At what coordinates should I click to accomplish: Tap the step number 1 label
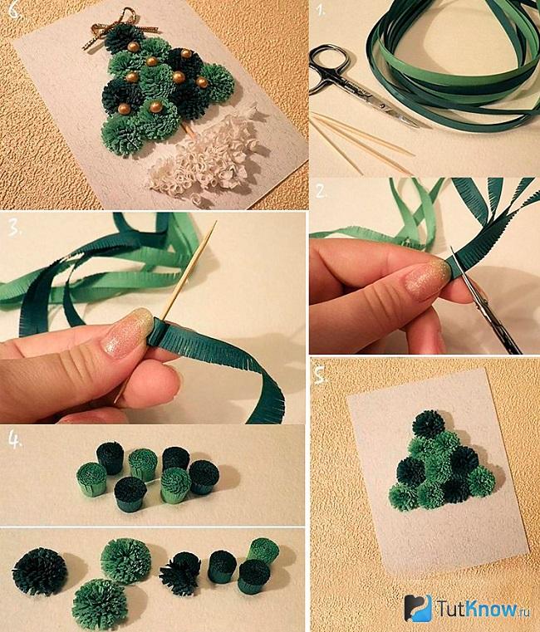click(x=321, y=11)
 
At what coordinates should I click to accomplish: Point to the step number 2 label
click(x=321, y=192)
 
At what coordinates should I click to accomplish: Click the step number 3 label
click(x=16, y=228)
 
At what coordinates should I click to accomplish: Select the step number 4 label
click(x=15, y=441)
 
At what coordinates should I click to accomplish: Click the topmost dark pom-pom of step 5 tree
click(x=429, y=424)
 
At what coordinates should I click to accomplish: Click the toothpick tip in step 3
click(x=215, y=222)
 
